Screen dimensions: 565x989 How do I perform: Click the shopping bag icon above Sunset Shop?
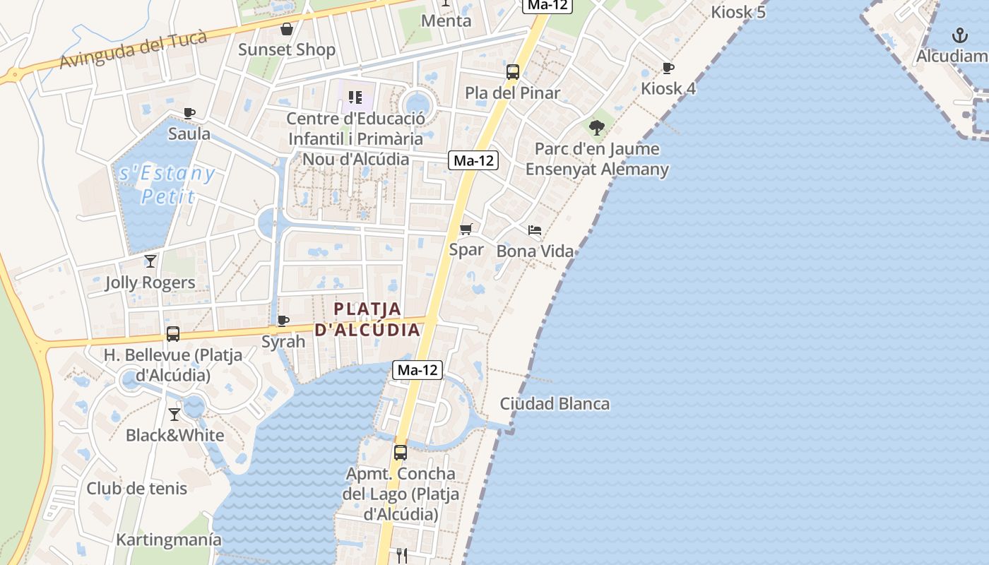click(287, 29)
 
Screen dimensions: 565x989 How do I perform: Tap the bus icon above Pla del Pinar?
click(513, 71)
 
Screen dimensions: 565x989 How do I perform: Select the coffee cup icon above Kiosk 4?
click(668, 68)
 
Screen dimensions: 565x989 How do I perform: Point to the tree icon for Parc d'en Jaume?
click(597, 128)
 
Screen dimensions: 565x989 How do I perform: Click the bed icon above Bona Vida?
click(535, 230)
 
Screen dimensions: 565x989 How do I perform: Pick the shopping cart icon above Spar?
click(466, 229)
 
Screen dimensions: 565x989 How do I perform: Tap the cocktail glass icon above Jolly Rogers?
click(150, 261)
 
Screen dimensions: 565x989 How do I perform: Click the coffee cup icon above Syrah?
click(283, 321)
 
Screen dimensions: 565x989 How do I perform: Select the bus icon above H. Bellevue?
click(173, 333)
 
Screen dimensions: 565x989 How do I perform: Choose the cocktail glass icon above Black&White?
click(174, 414)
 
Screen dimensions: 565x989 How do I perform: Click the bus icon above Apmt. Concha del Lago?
click(401, 452)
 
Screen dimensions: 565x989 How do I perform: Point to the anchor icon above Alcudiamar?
click(959, 35)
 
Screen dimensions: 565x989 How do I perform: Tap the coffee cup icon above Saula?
click(189, 113)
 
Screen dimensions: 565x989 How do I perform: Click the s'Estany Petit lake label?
click(167, 184)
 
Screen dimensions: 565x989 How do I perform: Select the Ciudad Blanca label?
click(555, 404)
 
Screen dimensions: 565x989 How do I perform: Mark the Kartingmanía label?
click(169, 540)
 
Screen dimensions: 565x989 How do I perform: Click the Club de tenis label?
click(137, 488)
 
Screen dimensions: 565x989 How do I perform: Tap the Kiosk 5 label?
click(738, 12)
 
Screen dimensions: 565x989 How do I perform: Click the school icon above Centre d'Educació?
click(355, 97)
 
